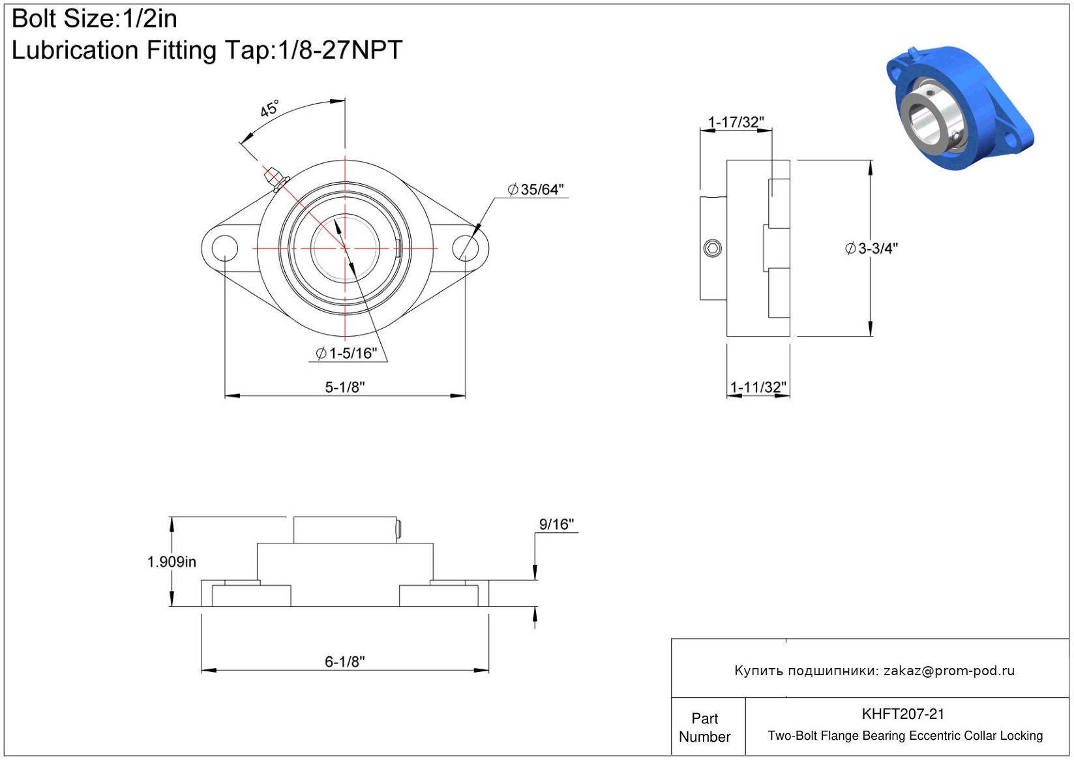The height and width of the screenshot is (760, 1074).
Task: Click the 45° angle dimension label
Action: click(x=269, y=108)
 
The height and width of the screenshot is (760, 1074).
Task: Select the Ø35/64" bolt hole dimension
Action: click(x=535, y=190)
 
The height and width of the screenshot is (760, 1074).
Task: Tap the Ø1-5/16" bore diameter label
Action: click(x=346, y=353)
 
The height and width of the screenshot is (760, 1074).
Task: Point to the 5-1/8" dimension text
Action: click(x=345, y=387)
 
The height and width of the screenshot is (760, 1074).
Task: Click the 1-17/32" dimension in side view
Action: click(x=736, y=122)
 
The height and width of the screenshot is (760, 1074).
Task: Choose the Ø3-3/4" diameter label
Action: click(x=871, y=248)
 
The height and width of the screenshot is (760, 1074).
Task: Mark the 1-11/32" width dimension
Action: click(x=758, y=387)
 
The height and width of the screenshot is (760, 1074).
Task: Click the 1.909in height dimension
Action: click(x=172, y=562)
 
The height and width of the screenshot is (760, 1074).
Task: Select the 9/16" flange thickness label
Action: click(x=556, y=524)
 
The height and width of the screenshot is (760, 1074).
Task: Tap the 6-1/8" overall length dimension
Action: click(x=345, y=661)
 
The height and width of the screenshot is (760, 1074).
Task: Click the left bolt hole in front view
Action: click(x=224, y=248)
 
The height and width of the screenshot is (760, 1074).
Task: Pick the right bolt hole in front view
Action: click(x=465, y=248)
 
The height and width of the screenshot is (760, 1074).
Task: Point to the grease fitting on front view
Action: click(x=276, y=179)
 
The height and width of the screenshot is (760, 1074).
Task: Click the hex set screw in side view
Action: click(x=713, y=248)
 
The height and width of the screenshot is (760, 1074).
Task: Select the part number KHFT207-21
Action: click(x=903, y=714)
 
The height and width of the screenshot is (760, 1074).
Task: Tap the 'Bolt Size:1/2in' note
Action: click(x=94, y=19)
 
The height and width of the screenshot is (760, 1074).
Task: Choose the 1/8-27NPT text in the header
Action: click(x=340, y=50)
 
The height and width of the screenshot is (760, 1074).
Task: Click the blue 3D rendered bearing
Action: click(x=959, y=108)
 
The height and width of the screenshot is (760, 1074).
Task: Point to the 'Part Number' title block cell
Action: click(x=704, y=727)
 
